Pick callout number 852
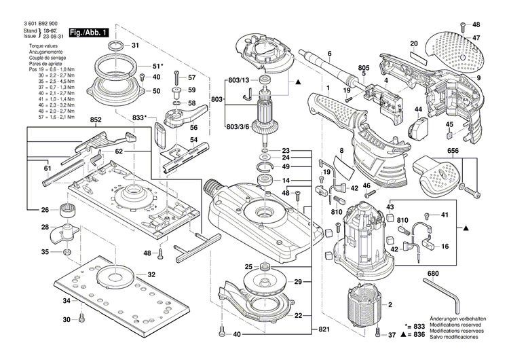tap(96, 120)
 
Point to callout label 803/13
tap(238, 80)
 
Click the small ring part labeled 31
tap(115, 46)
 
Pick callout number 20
tap(413, 44)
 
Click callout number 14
tap(286, 181)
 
